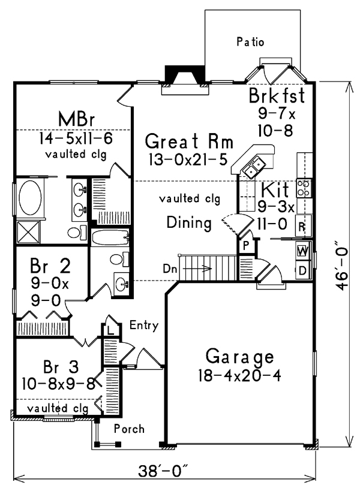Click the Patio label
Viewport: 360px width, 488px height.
click(x=250, y=42)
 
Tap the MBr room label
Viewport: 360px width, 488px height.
click(x=76, y=119)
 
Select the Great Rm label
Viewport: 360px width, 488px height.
click(x=189, y=141)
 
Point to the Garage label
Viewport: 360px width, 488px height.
click(x=239, y=357)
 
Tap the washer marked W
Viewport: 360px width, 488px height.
click(x=302, y=251)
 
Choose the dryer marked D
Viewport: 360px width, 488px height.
click(x=302, y=271)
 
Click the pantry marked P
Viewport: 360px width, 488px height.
click(x=246, y=246)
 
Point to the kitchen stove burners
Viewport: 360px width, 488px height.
click(x=304, y=188)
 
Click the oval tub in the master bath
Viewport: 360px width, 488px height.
click(x=30, y=197)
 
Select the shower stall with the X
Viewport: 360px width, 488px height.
click(x=28, y=232)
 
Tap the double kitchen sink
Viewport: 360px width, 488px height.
click(x=254, y=167)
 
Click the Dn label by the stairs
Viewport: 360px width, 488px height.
click(x=170, y=269)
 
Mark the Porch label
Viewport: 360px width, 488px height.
click(x=129, y=429)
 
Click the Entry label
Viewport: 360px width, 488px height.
click(x=144, y=326)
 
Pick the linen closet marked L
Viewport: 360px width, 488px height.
click(x=110, y=330)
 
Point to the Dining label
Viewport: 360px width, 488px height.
click(x=189, y=223)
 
